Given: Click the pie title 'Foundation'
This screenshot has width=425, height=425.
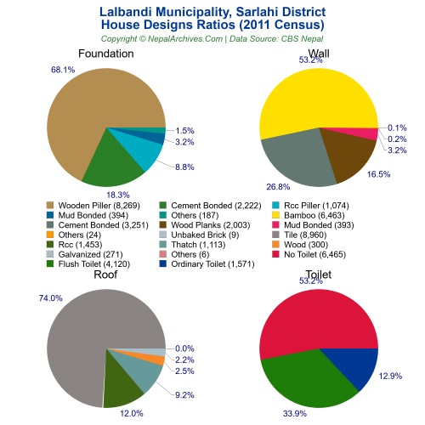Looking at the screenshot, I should (105, 54).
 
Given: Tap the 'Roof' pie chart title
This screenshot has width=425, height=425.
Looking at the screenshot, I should (105, 275).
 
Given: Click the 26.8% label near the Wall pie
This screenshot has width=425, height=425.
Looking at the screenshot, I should (278, 186).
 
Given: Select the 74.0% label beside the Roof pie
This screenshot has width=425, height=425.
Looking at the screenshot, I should (26, 297).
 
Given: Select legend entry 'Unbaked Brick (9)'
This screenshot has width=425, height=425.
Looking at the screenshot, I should (210, 235).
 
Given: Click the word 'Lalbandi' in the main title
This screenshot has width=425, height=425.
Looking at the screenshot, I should (136, 13).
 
